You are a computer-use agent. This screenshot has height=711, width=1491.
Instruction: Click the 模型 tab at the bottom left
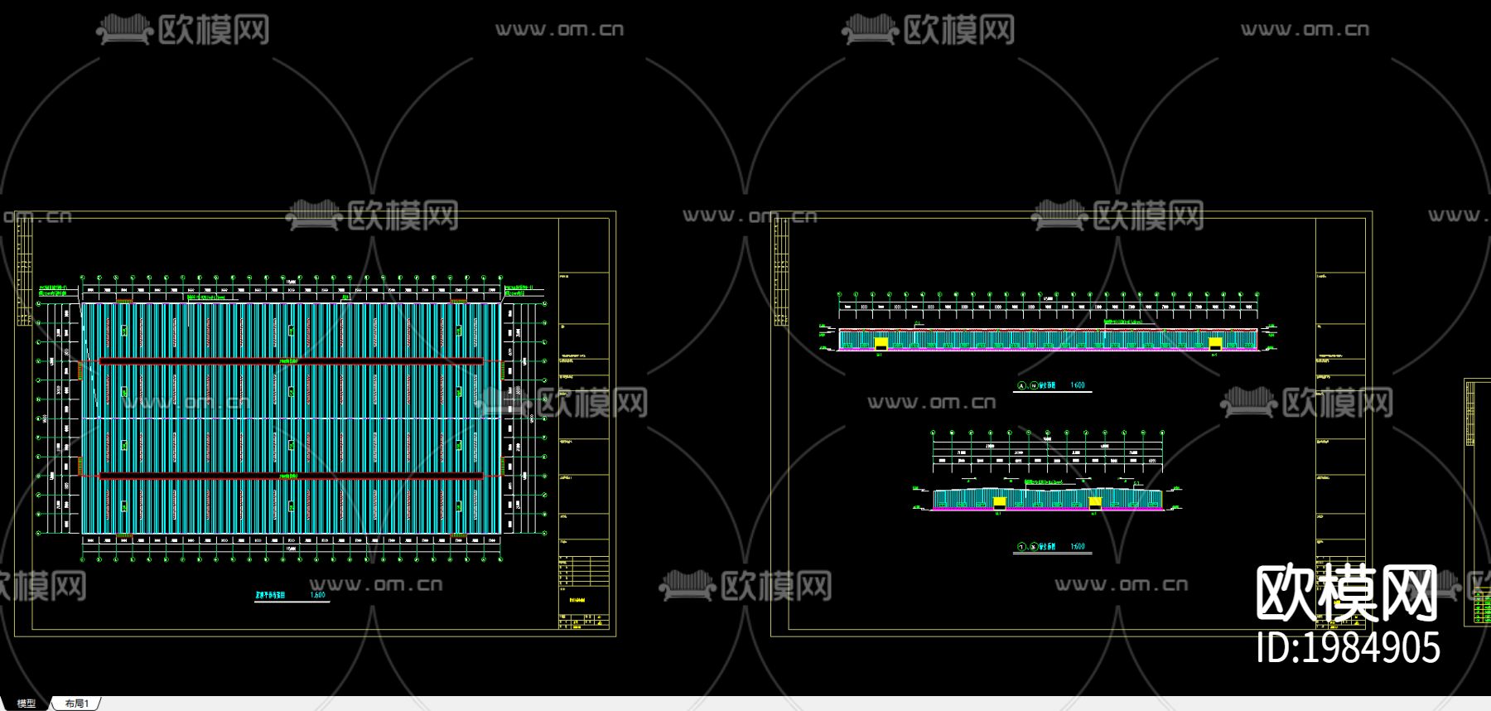click(x=26, y=704)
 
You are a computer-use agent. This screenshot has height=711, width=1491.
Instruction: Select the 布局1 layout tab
click(x=76, y=704)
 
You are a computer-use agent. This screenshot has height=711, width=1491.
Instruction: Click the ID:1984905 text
click(x=1348, y=647)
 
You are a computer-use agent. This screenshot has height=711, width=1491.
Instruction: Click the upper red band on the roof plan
click(x=290, y=361)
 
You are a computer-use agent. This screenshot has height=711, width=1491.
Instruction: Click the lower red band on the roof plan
click(x=290, y=476)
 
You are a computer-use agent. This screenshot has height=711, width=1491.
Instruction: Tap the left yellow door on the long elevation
click(x=881, y=343)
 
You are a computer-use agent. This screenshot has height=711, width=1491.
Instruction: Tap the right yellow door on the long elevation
click(x=1215, y=343)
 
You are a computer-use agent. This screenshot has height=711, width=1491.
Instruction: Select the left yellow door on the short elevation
click(x=1000, y=502)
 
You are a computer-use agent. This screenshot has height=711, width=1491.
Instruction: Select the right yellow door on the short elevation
click(x=1095, y=502)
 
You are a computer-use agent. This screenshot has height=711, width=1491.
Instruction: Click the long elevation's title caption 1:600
click(x=1051, y=385)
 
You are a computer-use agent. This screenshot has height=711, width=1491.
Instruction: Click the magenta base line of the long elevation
click(x=1048, y=350)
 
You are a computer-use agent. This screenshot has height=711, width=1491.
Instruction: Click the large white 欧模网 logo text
click(x=1347, y=593)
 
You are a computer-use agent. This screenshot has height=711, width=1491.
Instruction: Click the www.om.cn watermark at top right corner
click(x=1305, y=30)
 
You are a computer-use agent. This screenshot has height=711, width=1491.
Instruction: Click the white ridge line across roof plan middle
click(x=290, y=418)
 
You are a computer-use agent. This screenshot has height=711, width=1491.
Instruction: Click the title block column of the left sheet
click(x=584, y=423)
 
